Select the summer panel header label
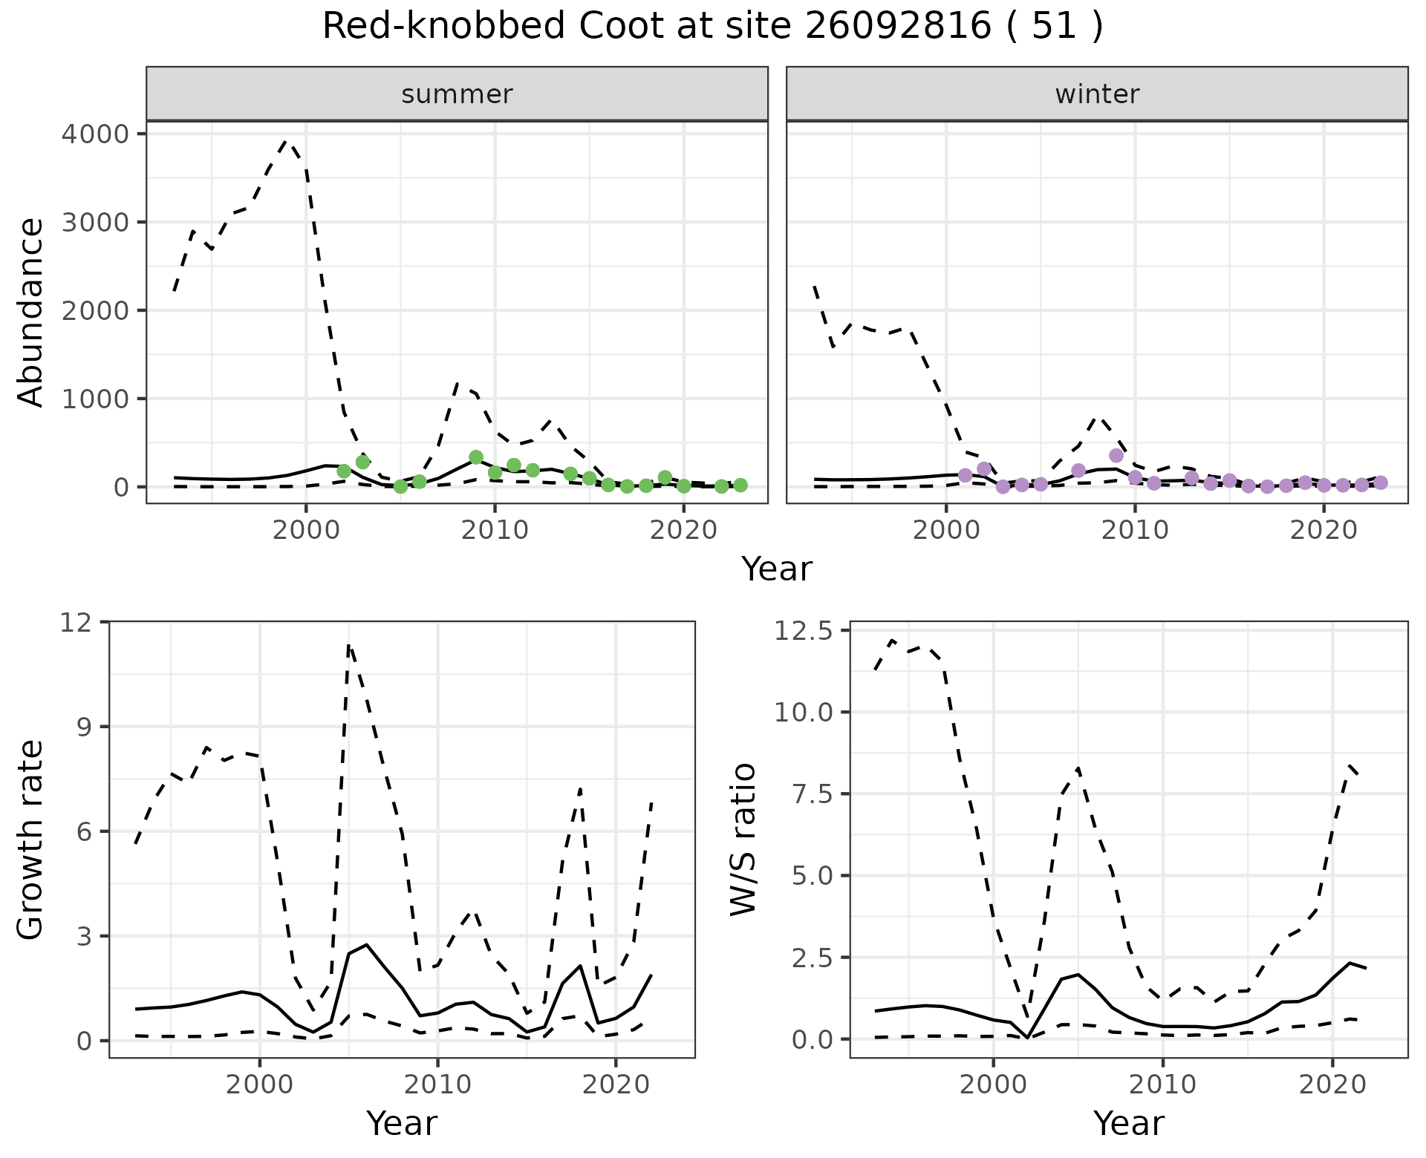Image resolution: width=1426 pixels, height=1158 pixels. click(x=457, y=94)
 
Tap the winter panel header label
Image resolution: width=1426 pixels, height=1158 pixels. click(x=1097, y=94)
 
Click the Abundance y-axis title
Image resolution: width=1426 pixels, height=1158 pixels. click(x=31, y=312)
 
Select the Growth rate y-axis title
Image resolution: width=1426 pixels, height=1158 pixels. click(x=31, y=840)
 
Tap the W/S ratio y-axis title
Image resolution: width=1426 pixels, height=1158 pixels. click(x=743, y=840)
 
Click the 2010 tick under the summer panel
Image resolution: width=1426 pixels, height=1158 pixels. click(x=495, y=530)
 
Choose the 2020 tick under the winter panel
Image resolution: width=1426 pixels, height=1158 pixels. click(x=1323, y=530)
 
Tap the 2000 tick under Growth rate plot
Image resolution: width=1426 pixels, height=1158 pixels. click(x=259, y=1085)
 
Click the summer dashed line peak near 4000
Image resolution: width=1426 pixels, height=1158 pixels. click(x=287, y=140)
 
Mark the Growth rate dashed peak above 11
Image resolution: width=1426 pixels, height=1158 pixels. click(x=349, y=645)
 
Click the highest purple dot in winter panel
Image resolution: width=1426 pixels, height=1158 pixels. click(x=1116, y=455)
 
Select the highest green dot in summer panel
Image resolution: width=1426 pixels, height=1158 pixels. click(x=476, y=457)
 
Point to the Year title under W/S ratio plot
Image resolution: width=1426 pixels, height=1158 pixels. click(x=1128, y=1124)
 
